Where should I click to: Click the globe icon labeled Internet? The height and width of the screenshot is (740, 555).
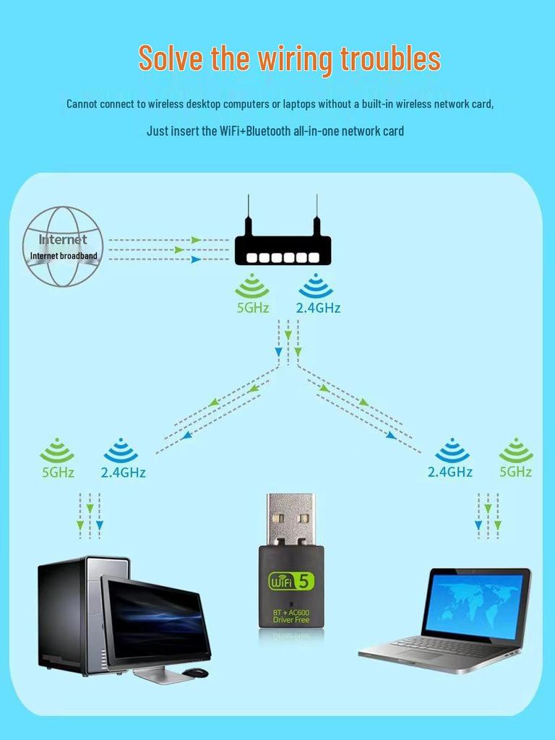pos(62,246)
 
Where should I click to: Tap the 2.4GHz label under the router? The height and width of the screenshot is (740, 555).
pos(318,308)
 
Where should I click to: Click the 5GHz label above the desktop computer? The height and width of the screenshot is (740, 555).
pos(57,472)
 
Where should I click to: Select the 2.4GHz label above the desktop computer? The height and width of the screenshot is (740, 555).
pos(123,473)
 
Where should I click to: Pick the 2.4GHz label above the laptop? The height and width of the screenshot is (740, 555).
pos(450,472)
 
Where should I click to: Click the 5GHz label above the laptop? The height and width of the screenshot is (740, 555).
pos(515,472)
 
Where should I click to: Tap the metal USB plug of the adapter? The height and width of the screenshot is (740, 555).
pos(291,518)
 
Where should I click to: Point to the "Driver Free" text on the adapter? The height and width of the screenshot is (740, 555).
pos(291,621)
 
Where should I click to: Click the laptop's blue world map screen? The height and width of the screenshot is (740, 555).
pos(475,603)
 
